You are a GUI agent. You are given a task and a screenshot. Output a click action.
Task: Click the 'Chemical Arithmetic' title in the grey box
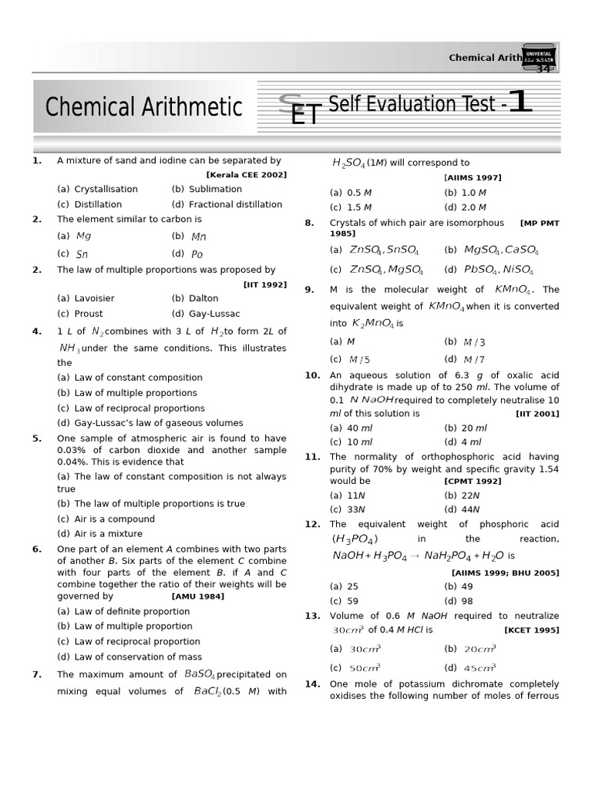click(143, 106)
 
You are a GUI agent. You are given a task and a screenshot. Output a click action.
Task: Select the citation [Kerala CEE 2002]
click(246, 175)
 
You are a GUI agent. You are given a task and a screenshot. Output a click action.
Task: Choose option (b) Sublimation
click(207, 190)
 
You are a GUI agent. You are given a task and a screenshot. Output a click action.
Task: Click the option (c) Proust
click(80, 314)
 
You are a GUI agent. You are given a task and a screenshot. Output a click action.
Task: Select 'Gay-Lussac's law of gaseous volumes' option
click(150, 423)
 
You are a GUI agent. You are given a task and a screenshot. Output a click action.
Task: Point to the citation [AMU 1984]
click(198, 596)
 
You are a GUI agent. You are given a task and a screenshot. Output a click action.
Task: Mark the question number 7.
click(36, 675)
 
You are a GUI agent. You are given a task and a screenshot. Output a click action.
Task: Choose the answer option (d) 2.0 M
click(465, 208)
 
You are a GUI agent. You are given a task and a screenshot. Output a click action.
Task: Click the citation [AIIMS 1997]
click(473, 178)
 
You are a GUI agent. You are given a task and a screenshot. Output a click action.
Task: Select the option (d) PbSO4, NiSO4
click(491, 270)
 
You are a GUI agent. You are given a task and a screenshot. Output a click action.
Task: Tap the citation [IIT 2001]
click(537, 414)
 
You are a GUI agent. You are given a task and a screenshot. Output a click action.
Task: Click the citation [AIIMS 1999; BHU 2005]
click(505, 572)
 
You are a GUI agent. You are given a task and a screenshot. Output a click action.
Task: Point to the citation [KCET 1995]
click(531, 630)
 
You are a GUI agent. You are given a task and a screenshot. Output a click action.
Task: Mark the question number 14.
click(311, 684)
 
